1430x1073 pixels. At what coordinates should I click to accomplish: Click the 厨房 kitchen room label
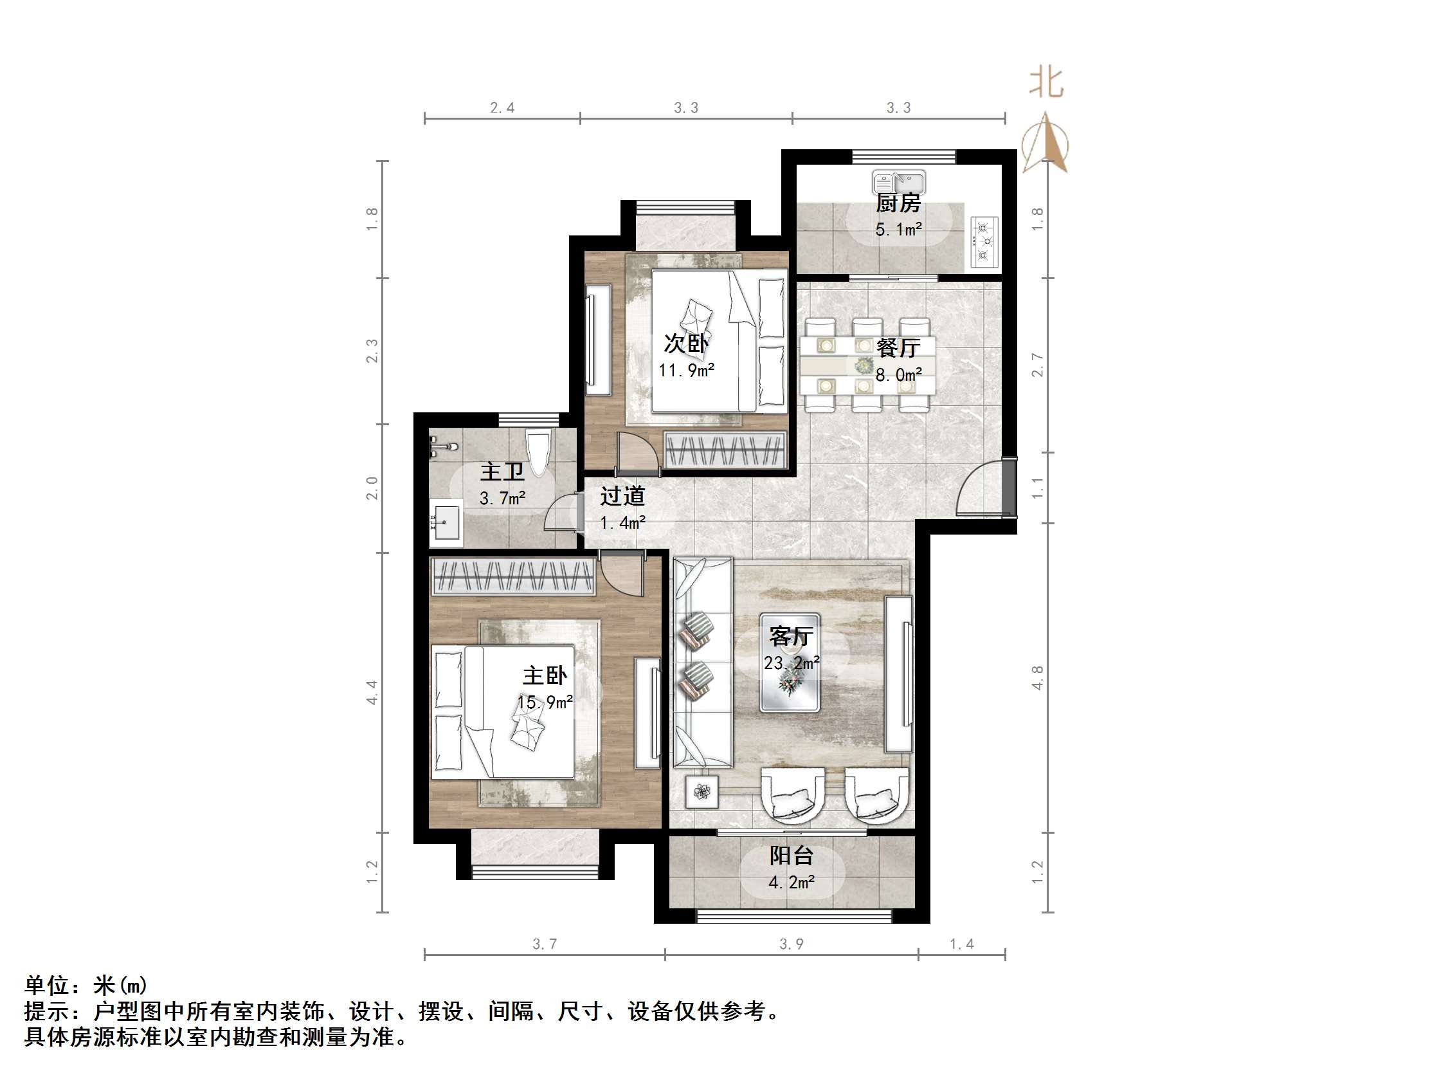[x=898, y=203]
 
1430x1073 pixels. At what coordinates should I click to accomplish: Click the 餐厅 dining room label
[x=898, y=348]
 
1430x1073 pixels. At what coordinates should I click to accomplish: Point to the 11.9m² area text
[x=686, y=370]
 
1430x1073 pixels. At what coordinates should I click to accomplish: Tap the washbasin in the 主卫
[x=446, y=521]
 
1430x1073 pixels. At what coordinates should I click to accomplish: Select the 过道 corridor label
[x=622, y=496]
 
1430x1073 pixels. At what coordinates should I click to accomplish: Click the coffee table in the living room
[x=790, y=663]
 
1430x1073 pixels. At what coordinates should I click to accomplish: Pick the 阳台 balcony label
[x=792, y=856]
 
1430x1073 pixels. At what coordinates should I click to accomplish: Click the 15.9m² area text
[x=545, y=702]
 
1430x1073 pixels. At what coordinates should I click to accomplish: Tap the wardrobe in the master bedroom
[x=512, y=576]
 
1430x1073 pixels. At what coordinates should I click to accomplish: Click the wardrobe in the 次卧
[x=725, y=449]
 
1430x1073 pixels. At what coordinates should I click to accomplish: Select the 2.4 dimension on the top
[x=502, y=108]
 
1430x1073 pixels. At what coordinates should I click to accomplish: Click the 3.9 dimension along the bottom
[x=792, y=944]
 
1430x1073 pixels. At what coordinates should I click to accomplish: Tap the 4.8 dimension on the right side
[x=1037, y=677]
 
